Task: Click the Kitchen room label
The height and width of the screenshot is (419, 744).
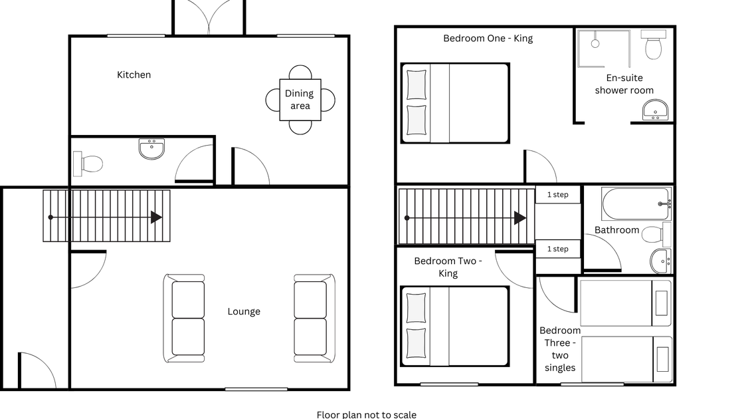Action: tap(134, 74)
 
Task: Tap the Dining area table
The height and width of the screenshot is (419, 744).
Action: tap(300, 100)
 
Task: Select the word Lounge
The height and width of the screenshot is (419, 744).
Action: tap(244, 312)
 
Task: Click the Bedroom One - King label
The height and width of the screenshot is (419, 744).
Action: tap(488, 39)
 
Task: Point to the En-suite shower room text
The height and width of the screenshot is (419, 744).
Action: tap(624, 84)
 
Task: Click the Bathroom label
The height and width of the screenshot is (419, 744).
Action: tap(617, 230)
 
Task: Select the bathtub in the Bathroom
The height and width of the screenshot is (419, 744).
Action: tap(636, 204)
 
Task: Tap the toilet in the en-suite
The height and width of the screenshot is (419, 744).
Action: tap(654, 44)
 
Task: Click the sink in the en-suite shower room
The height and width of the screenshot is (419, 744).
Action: tap(655, 110)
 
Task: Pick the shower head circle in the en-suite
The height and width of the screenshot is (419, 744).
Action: tap(595, 44)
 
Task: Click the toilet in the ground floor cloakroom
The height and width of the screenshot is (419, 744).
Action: tap(88, 164)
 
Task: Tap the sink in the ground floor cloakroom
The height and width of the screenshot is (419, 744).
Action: tap(152, 149)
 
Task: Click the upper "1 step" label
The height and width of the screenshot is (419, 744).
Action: tap(557, 195)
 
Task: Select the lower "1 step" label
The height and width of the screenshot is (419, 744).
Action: tap(557, 249)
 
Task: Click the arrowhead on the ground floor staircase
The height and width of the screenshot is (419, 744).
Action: tap(156, 217)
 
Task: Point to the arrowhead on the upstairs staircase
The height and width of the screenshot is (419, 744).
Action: tap(520, 218)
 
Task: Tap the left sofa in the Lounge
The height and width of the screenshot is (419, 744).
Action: tap(184, 319)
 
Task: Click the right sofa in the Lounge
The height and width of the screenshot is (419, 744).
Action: tap(314, 319)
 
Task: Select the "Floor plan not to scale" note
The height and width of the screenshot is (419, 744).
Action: tap(366, 415)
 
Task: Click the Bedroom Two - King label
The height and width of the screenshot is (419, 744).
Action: tap(448, 267)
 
